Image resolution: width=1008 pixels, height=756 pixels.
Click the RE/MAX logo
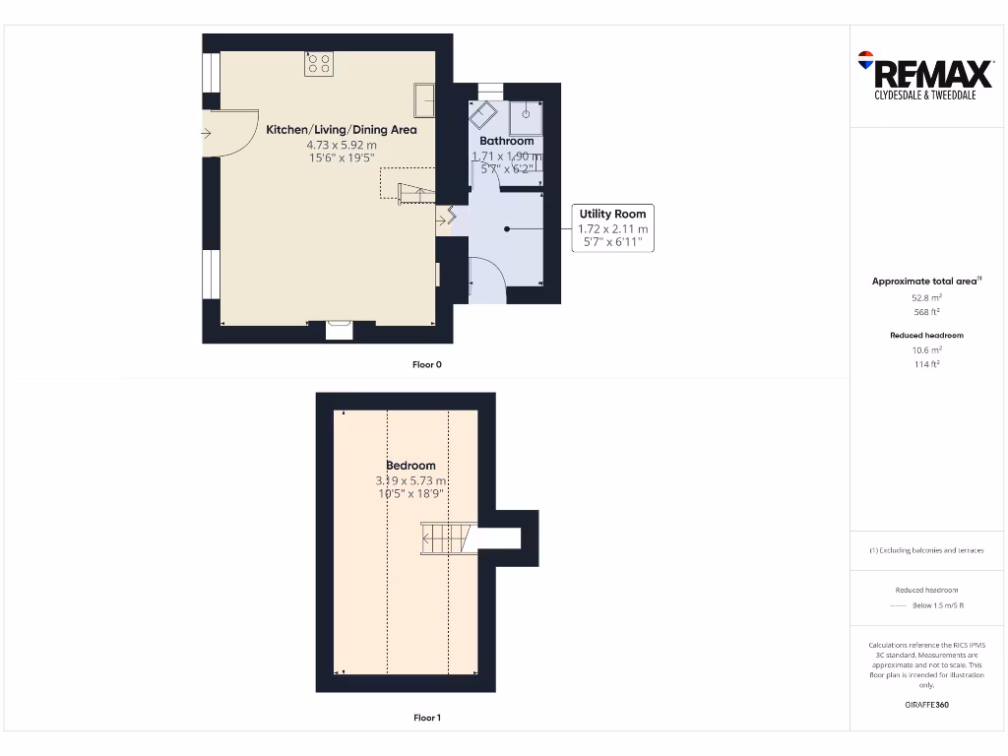coord(924,72)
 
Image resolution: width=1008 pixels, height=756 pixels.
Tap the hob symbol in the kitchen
coord(319,64)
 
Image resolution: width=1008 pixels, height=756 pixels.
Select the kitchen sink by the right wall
coord(425,99)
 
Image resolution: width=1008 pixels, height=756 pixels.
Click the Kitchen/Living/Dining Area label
coord(342,130)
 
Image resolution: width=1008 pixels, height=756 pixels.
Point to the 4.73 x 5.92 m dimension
coord(342,144)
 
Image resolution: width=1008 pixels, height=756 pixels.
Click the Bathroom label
coord(506,141)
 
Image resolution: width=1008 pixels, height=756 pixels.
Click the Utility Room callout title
coord(611,214)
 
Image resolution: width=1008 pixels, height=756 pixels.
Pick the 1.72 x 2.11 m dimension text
coord(612,228)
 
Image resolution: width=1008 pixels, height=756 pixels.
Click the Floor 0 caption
coord(427,365)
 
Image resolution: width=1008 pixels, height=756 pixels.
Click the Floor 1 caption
coord(427,718)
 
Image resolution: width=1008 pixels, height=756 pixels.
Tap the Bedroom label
coord(410,466)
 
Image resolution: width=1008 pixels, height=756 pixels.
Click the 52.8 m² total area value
coord(925,296)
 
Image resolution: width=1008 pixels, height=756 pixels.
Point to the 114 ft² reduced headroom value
coord(925,364)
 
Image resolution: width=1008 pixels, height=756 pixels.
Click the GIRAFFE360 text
coord(925,705)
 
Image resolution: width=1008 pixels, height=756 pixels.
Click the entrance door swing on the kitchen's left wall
coord(224,133)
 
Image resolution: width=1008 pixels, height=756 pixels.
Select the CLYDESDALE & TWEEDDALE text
coord(924,95)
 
